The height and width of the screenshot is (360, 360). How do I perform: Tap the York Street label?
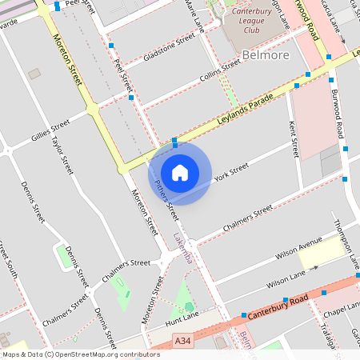[x=231, y=170]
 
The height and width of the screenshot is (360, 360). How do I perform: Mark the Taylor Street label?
[x=62, y=154]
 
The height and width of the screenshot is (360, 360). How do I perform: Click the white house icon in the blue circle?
[x=180, y=173]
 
